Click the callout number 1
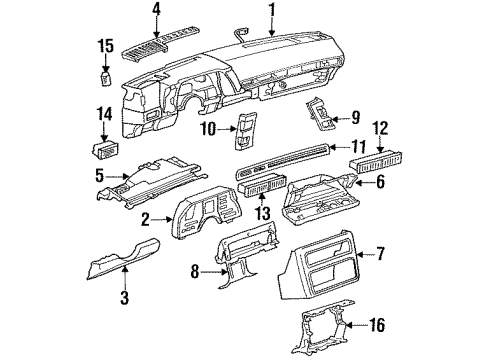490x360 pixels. tap(271, 12)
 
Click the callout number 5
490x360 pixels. tap(99, 176)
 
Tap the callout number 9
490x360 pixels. tap(354, 118)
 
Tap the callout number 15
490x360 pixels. tap(104, 46)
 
